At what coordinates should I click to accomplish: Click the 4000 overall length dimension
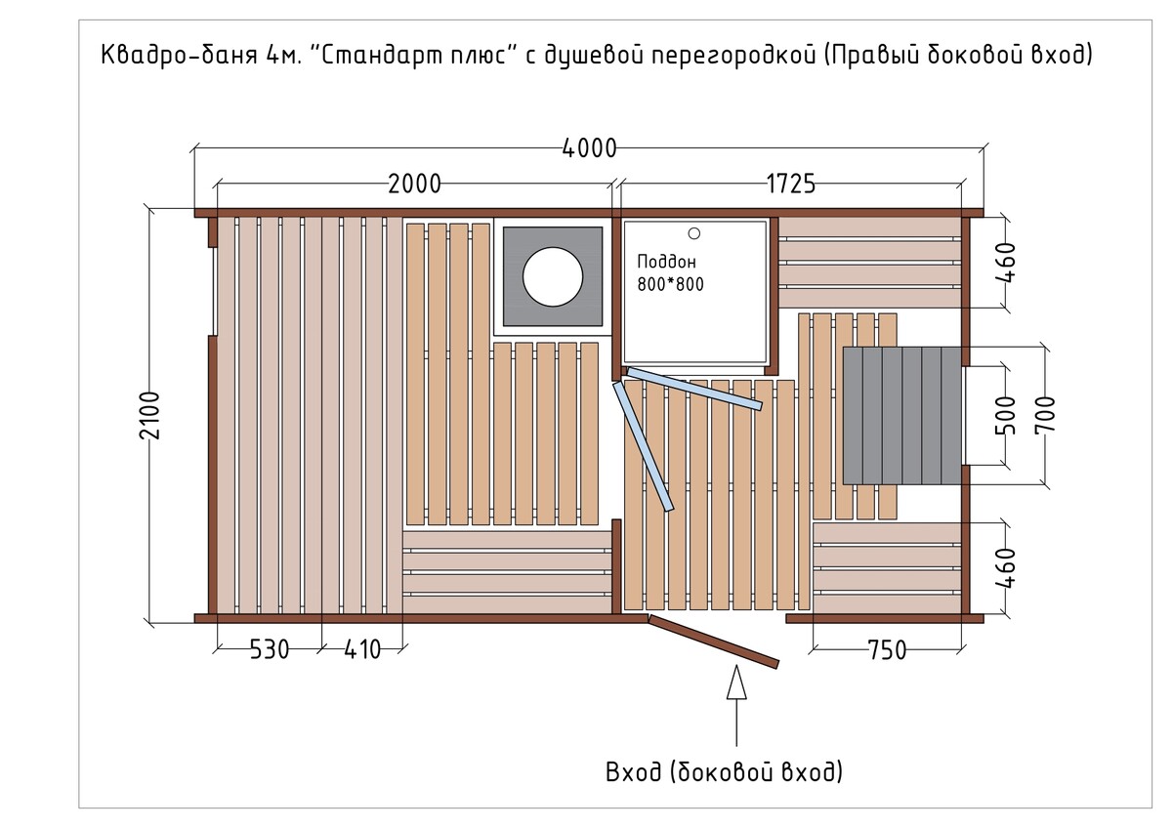click(x=589, y=148)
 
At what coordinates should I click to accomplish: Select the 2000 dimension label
click(x=414, y=185)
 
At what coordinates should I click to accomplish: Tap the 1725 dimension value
click(x=790, y=185)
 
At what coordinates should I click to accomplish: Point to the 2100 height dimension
click(x=149, y=415)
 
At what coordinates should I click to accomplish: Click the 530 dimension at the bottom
click(x=270, y=650)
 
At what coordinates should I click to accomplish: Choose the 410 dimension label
click(x=362, y=650)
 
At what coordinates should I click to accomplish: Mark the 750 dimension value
click(x=888, y=650)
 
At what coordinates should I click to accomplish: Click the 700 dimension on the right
click(x=1045, y=415)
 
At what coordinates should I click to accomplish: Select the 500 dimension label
click(x=1005, y=415)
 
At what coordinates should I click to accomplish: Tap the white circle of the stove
click(x=553, y=276)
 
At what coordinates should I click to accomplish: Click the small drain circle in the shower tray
click(x=694, y=233)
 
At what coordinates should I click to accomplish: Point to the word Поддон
click(x=666, y=262)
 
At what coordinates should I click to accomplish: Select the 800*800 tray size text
click(x=670, y=284)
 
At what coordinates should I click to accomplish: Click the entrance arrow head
click(x=736, y=682)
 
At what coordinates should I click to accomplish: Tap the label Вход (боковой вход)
click(x=724, y=771)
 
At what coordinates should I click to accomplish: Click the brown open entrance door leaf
click(x=714, y=642)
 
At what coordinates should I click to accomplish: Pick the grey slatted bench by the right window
click(x=902, y=415)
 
